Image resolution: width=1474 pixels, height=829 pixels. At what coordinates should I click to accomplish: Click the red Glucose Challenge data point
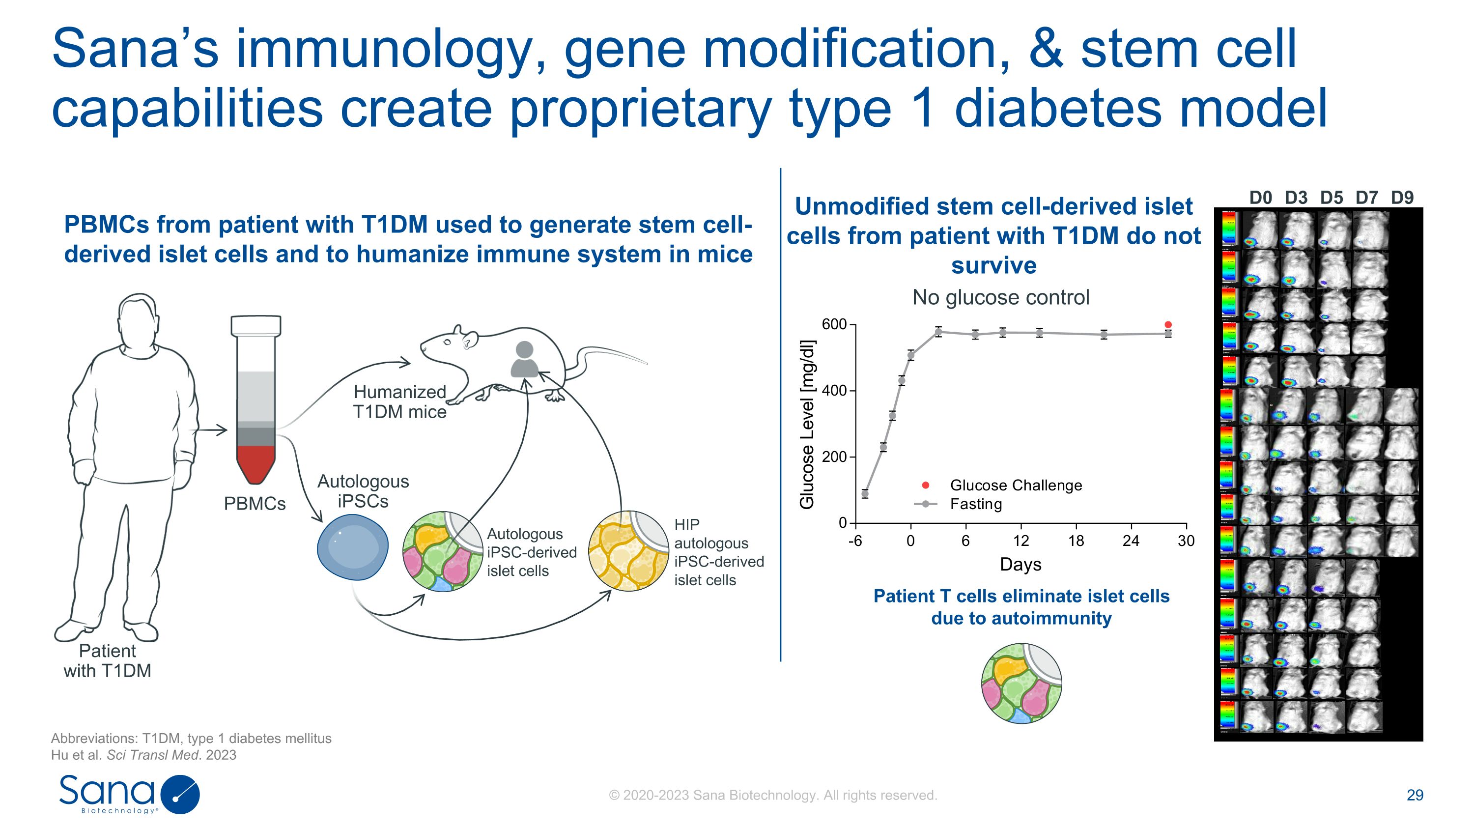[x=1168, y=324]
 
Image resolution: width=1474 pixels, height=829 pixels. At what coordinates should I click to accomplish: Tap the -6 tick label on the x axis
[x=855, y=541]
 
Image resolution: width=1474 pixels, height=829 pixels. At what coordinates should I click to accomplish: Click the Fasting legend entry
[x=976, y=504]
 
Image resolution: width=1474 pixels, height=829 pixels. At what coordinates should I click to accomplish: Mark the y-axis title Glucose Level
[x=807, y=424]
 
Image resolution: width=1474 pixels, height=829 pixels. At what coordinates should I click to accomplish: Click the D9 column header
[x=1402, y=198]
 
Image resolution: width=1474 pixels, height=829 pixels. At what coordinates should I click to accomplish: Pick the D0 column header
[x=1261, y=198]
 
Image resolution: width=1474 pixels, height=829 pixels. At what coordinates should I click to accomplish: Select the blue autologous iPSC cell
[x=352, y=547]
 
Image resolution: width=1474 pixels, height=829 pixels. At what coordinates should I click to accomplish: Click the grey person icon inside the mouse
[x=524, y=359]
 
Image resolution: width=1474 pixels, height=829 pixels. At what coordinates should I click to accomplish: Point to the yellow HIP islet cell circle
[x=628, y=550]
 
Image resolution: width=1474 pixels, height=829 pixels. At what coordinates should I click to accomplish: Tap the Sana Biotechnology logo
[x=129, y=794]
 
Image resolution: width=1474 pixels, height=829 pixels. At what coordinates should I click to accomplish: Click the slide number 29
[x=1415, y=795]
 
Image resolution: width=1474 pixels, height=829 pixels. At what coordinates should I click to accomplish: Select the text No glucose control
[x=1000, y=297]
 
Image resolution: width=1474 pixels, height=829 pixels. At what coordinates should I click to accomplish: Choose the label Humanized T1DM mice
[x=399, y=401]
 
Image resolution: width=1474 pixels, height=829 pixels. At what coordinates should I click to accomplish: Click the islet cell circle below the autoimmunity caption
[x=1021, y=683]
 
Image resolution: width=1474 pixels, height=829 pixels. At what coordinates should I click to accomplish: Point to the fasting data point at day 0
[x=910, y=355]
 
